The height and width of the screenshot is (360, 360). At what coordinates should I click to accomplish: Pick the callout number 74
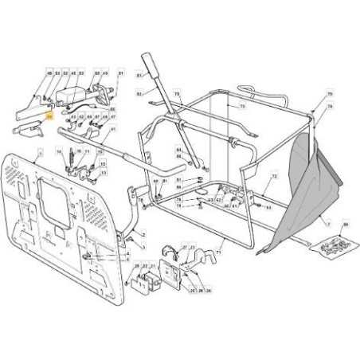(x=330, y=106)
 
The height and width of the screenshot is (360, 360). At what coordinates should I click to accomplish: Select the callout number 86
(x=345, y=226)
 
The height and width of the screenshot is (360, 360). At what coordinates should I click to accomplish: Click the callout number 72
(x=273, y=175)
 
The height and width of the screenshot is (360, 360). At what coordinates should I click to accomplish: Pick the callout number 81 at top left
(x=120, y=74)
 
